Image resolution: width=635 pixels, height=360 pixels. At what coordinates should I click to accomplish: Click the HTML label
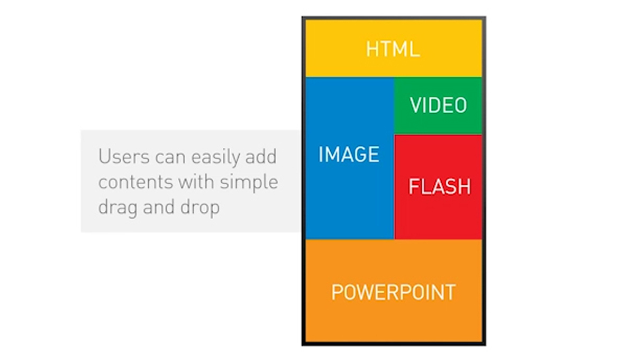click(x=393, y=49)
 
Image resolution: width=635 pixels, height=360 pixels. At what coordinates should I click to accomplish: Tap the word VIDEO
click(x=438, y=105)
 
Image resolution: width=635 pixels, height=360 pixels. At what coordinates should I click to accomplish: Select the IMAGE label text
click(x=349, y=154)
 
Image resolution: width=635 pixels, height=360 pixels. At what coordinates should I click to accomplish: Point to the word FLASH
click(x=439, y=186)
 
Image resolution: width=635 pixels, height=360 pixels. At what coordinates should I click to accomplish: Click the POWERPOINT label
click(x=393, y=292)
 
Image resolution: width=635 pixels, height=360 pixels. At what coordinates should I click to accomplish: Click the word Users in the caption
click(x=124, y=156)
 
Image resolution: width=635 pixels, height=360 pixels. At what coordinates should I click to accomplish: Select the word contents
click(x=135, y=182)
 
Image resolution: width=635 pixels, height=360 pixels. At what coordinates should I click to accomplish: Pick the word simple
click(x=249, y=183)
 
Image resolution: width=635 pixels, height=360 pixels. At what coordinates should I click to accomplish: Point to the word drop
click(x=200, y=208)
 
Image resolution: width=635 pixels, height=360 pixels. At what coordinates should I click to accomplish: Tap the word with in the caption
click(x=196, y=181)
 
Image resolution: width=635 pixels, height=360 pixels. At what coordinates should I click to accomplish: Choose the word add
click(x=261, y=156)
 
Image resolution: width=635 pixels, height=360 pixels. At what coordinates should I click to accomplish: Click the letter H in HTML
click(x=373, y=49)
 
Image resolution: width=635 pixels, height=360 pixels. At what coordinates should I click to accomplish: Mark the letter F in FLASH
click(x=414, y=186)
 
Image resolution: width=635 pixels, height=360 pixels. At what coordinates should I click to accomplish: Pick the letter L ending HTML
click(x=415, y=49)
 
